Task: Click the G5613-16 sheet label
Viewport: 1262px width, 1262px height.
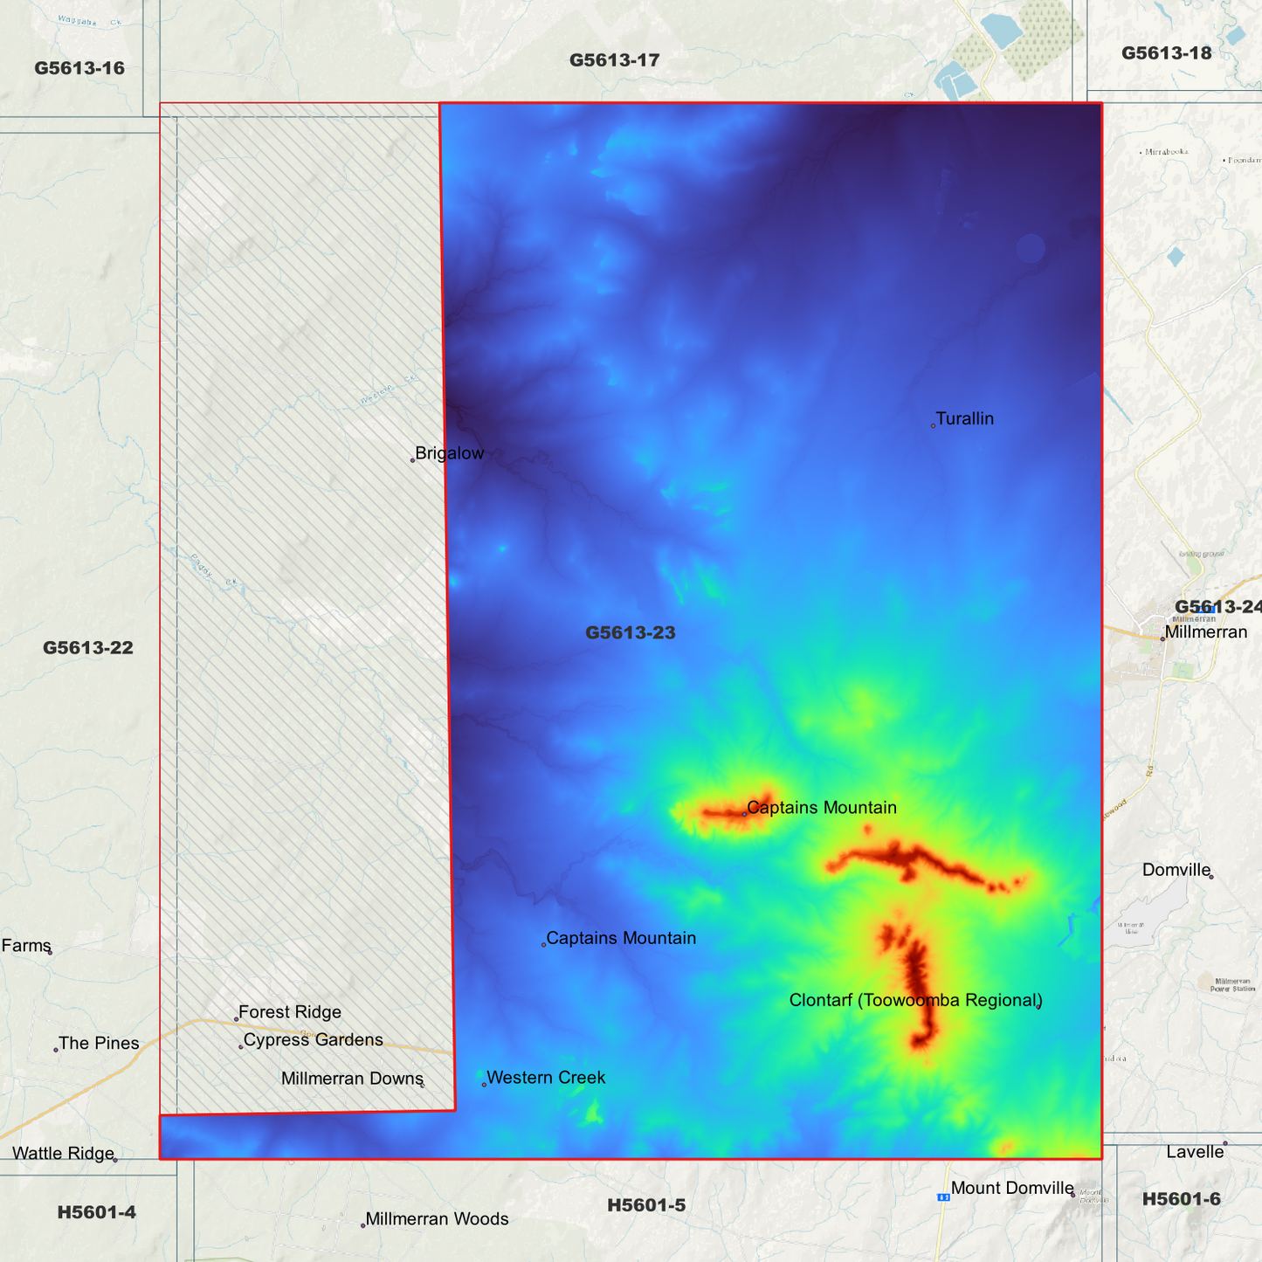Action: click(x=79, y=68)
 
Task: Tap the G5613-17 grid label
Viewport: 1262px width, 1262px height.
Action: click(x=614, y=60)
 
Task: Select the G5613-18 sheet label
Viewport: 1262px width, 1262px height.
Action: click(x=1166, y=53)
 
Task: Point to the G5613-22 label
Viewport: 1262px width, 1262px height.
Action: click(x=88, y=648)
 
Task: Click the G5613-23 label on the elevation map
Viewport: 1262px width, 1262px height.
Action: click(x=630, y=632)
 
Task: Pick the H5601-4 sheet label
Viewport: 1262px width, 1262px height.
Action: click(x=96, y=1212)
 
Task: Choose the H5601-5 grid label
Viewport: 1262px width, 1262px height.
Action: click(x=646, y=1205)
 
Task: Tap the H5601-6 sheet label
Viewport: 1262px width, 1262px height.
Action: click(x=1181, y=1200)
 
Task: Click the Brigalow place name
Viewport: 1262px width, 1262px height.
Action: click(x=449, y=453)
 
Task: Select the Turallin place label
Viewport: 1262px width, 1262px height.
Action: click(x=964, y=419)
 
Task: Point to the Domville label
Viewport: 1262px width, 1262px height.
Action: click(x=1176, y=870)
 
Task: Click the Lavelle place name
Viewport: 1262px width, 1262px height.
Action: click(x=1195, y=1152)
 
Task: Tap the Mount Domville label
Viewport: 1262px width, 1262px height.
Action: click(x=1012, y=1188)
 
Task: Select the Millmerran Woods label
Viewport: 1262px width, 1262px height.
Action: click(x=437, y=1219)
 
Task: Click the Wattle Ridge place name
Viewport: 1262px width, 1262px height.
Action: click(x=63, y=1154)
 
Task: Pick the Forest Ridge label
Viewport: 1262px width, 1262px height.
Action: click(x=289, y=1012)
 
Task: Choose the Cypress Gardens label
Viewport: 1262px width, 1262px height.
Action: click(x=313, y=1040)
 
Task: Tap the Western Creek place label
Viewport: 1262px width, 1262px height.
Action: click(x=545, y=1078)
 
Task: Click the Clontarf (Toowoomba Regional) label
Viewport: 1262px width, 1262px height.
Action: click(x=915, y=1000)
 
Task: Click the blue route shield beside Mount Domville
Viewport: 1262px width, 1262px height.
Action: click(x=943, y=1196)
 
